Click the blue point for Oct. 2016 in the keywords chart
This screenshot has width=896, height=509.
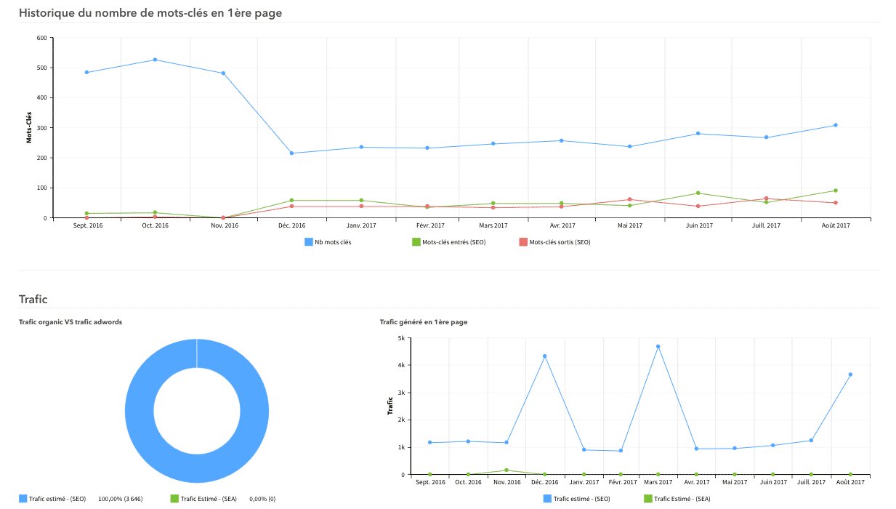[156, 60]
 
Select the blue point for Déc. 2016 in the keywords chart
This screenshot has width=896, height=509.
[292, 153]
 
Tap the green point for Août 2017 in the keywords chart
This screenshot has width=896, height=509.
[836, 191]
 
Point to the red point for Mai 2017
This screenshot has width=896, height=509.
[630, 199]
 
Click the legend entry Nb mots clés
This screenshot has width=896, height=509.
[328, 242]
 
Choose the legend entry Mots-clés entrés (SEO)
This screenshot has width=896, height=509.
[448, 242]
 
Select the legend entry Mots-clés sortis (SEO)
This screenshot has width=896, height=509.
[554, 242]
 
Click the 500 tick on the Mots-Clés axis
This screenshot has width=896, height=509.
[41, 68]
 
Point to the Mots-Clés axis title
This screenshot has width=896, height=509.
[29, 127]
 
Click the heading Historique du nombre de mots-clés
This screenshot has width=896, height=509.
[150, 13]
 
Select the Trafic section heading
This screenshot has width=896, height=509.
[33, 299]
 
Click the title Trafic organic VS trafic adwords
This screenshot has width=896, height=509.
[70, 321]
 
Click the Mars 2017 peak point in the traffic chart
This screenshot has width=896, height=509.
[658, 346]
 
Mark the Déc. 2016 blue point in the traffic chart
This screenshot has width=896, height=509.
[544, 356]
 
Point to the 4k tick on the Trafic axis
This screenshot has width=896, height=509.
[400, 365]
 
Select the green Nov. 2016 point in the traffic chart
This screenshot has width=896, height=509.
[506, 470]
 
